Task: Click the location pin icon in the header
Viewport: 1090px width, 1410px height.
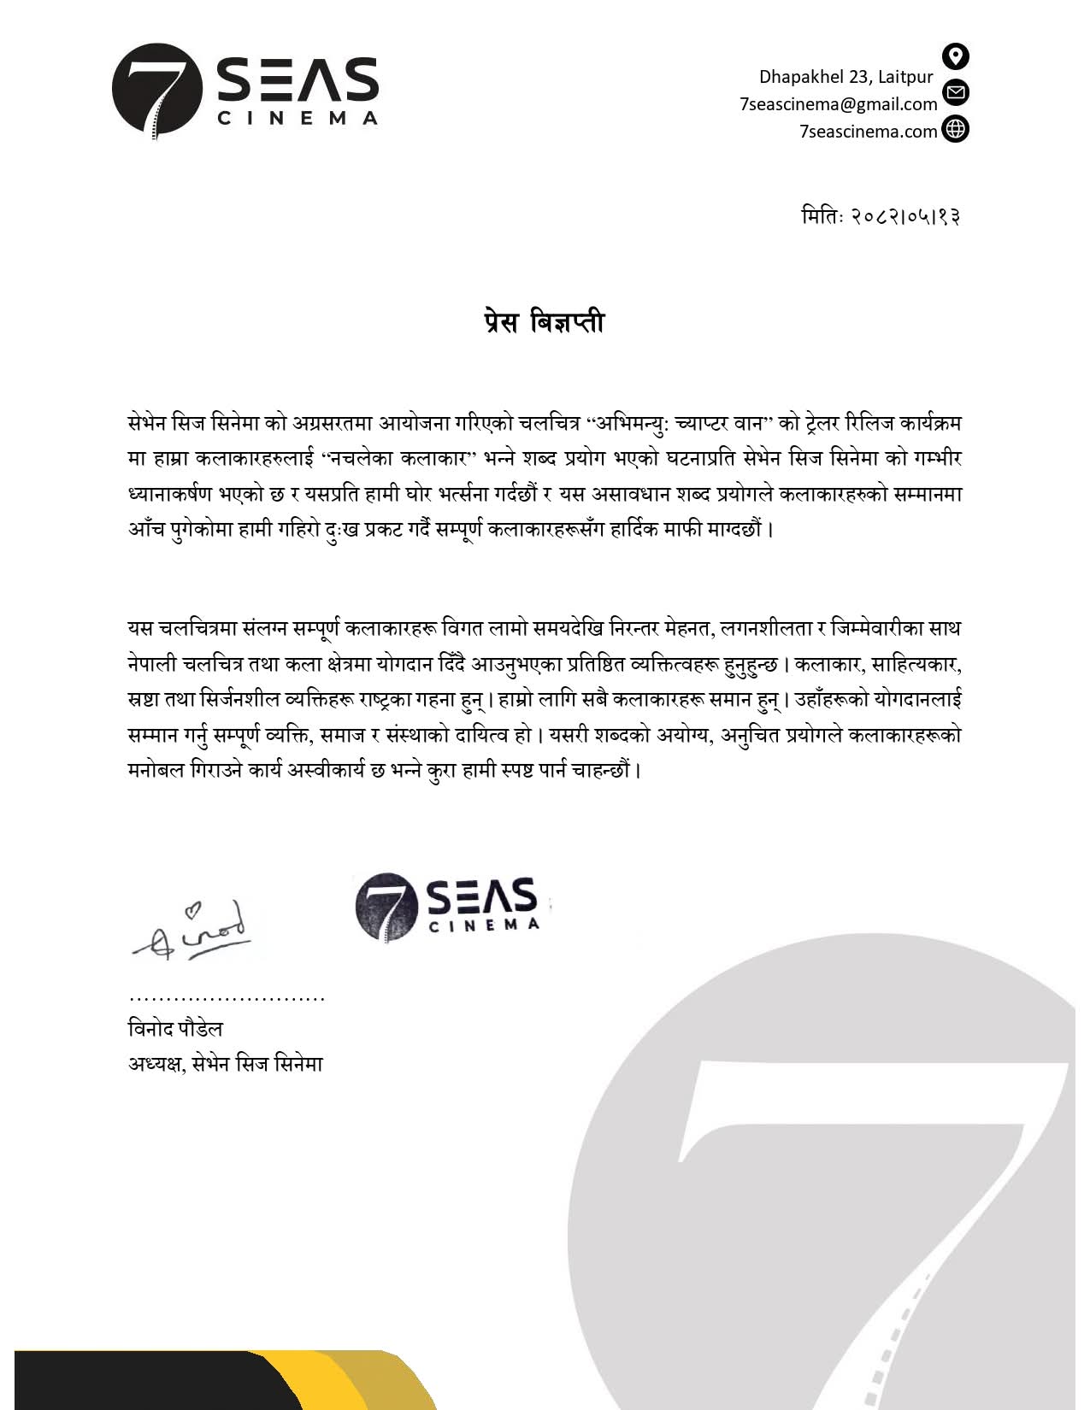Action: point(955,56)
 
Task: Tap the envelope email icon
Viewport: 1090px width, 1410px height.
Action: point(955,92)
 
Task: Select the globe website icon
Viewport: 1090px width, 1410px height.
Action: point(955,129)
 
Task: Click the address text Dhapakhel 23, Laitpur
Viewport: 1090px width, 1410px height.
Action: point(845,77)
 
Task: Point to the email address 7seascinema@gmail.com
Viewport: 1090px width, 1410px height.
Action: point(838,104)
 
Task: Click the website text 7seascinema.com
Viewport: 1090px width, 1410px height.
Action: point(868,132)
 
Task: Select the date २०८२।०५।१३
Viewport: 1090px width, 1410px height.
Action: point(905,216)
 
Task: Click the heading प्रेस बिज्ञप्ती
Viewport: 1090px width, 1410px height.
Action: point(544,323)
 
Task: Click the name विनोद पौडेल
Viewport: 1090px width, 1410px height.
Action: point(175,1029)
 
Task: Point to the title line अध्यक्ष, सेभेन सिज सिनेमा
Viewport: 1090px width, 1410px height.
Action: point(226,1064)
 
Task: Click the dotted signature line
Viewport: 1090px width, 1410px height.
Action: point(227,998)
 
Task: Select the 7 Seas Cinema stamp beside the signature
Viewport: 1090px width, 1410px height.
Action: point(447,906)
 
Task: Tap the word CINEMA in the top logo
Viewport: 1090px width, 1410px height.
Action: point(297,118)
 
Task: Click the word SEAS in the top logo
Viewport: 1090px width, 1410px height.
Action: point(297,79)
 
